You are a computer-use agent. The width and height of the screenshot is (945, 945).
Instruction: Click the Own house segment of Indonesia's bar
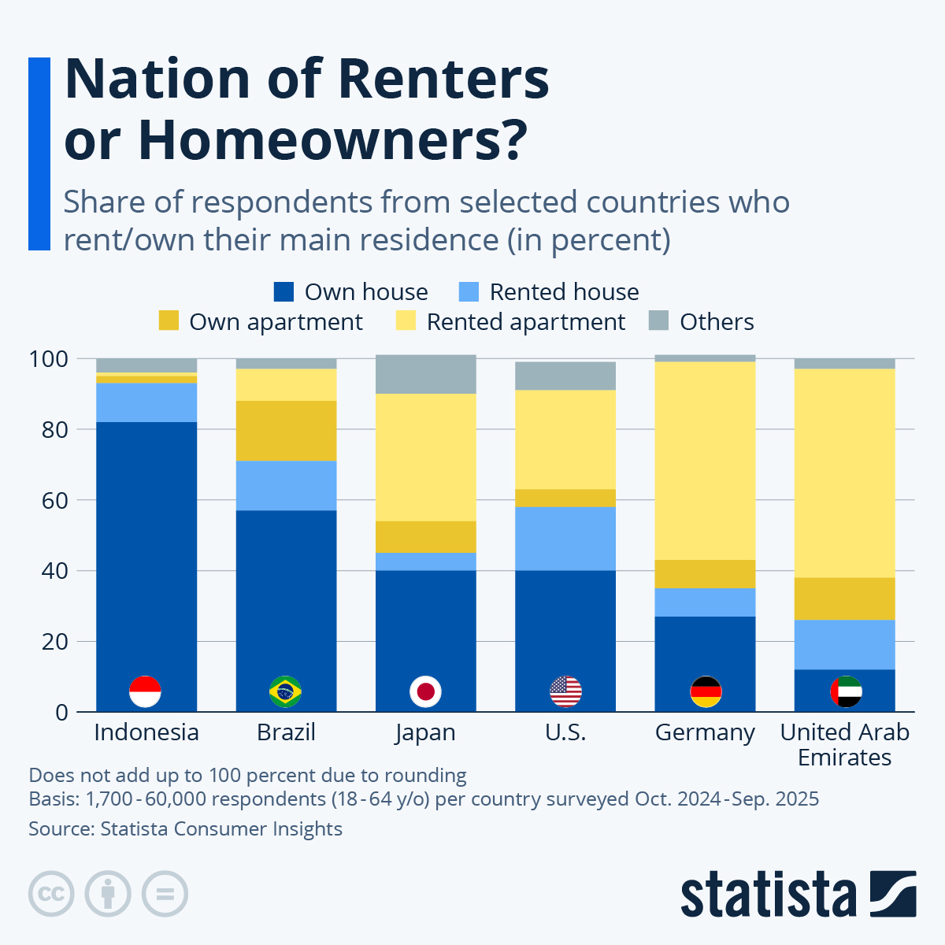(146, 551)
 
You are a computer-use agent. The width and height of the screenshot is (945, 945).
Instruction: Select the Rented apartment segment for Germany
(705, 461)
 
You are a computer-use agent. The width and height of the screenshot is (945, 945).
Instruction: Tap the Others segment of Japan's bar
(425, 374)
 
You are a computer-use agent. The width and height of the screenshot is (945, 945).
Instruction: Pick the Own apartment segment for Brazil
(286, 431)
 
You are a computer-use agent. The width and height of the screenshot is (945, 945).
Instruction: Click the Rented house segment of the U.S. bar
(565, 538)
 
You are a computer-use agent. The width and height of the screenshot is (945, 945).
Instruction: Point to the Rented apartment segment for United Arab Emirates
(844, 472)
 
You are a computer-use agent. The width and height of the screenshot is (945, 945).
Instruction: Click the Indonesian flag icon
(145, 691)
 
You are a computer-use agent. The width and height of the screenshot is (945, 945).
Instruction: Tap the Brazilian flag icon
(285, 691)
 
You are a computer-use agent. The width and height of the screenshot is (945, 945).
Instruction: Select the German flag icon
(706, 691)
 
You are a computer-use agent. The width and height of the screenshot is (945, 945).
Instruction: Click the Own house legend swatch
(283, 292)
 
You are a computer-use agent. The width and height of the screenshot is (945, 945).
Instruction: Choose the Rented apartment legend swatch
(406, 321)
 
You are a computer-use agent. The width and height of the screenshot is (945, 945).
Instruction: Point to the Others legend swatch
(658, 321)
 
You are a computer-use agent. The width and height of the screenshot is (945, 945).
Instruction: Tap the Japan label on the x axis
(425, 732)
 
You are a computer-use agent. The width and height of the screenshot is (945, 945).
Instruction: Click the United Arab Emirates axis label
(844, 744)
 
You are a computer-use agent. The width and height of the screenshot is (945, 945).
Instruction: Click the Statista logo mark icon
(893, 894)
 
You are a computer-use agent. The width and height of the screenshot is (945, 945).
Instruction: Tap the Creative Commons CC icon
(51, 894)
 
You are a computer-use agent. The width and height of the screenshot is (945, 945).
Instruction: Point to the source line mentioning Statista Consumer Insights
(185, 829)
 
